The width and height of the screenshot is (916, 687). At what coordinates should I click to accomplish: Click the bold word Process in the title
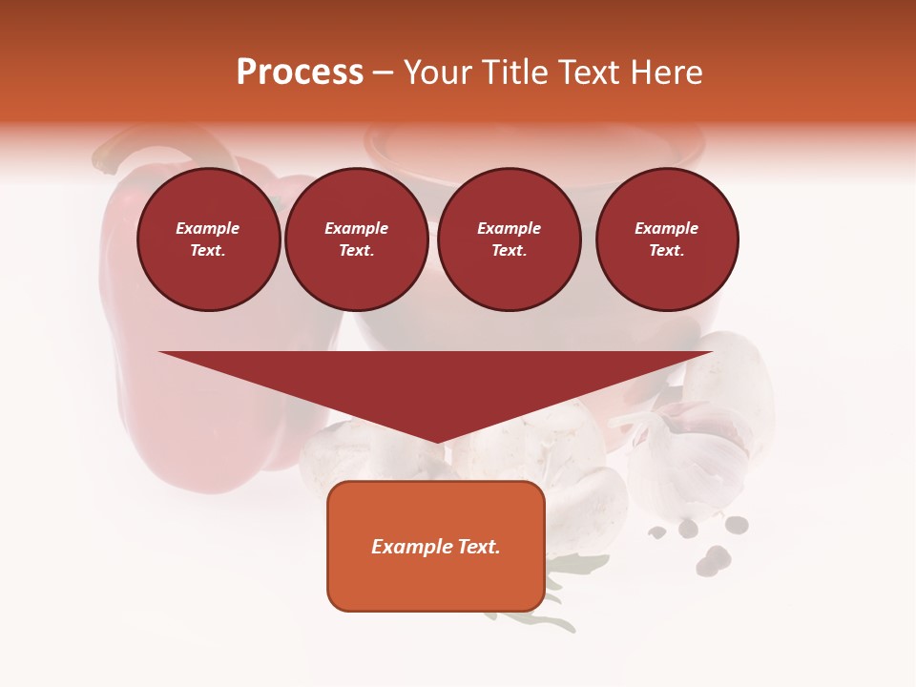coord(300,73)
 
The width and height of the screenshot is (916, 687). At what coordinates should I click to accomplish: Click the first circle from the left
coord(208,239)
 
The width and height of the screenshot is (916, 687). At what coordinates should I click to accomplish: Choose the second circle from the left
coord(357,239)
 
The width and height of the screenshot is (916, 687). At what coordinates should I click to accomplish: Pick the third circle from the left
coord(509,239)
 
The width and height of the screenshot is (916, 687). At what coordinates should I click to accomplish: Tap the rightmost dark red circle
coord(667,239)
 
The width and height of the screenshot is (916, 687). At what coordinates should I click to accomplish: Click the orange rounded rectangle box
coord(436,546)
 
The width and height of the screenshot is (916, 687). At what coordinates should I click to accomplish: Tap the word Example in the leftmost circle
coord(208,228)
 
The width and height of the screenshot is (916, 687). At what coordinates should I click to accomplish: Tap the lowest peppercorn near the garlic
coord(707,568)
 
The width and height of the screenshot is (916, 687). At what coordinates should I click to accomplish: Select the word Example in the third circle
coord(509,228)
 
